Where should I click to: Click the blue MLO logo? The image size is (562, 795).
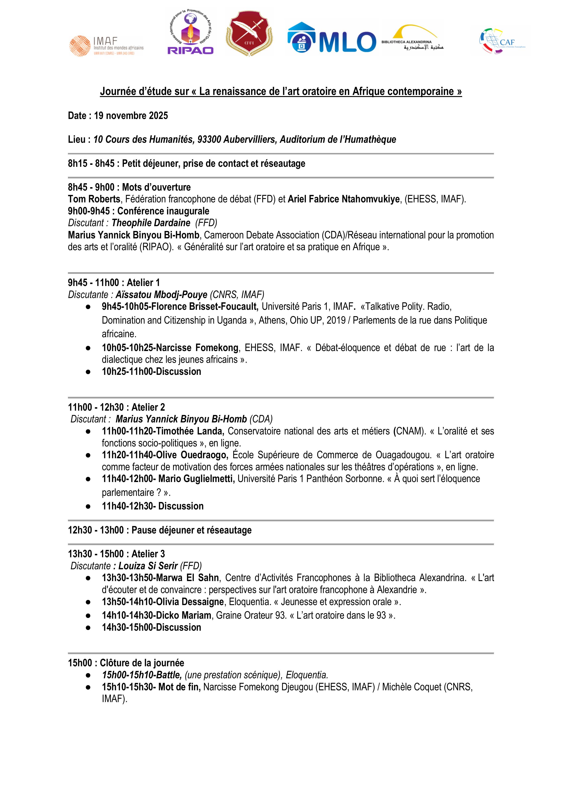point(331,38)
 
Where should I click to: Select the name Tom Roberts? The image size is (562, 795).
point(94,199)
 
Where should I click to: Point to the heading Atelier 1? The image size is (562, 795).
point(143,283)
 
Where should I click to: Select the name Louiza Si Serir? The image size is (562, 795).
point(148,566)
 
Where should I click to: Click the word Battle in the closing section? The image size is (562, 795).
point(168,675)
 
